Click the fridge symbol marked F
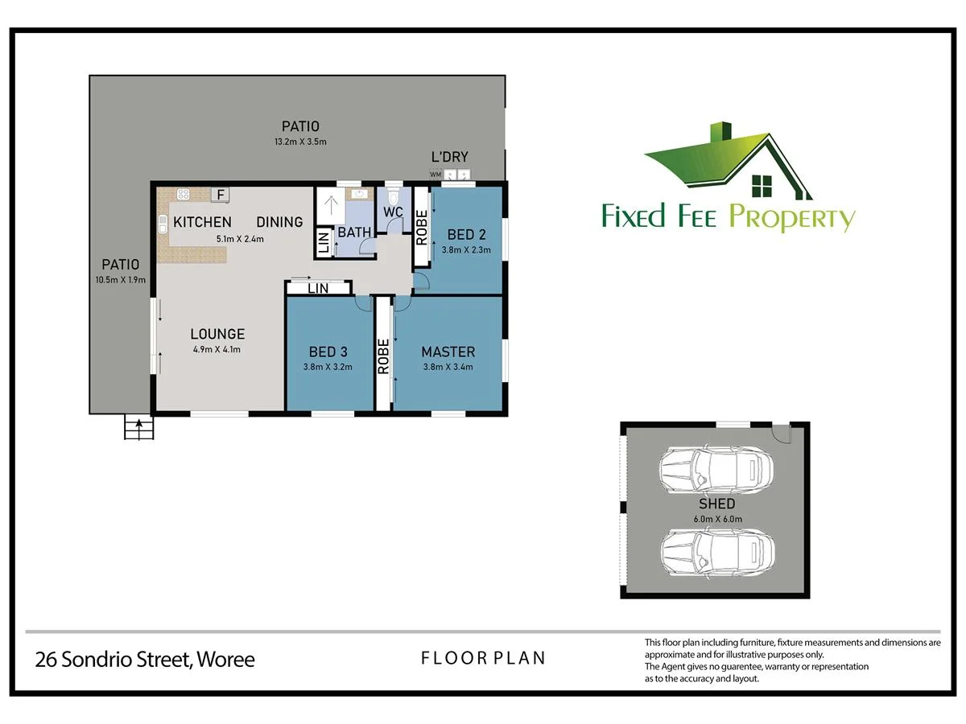(x=220, y=194)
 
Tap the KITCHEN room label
(x=202, y=222)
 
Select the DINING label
(x=279, y=222)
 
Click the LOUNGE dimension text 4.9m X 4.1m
(x=217, y=349)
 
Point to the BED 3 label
(x=328, y=352)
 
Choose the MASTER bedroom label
(x=448, y=352)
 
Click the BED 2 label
(x=466, y=235)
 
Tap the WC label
(x=393, y=212)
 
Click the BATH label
(x=354, y=232)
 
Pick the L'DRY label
(x=450, y=158)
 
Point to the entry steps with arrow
(x=138, y=427)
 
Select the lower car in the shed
(x=716, y=551)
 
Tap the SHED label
(x=716, y=504)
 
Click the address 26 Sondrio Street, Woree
(x=145, y=660)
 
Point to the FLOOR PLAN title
(x=483, y=658)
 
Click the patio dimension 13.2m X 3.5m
(x=300, y=142)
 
